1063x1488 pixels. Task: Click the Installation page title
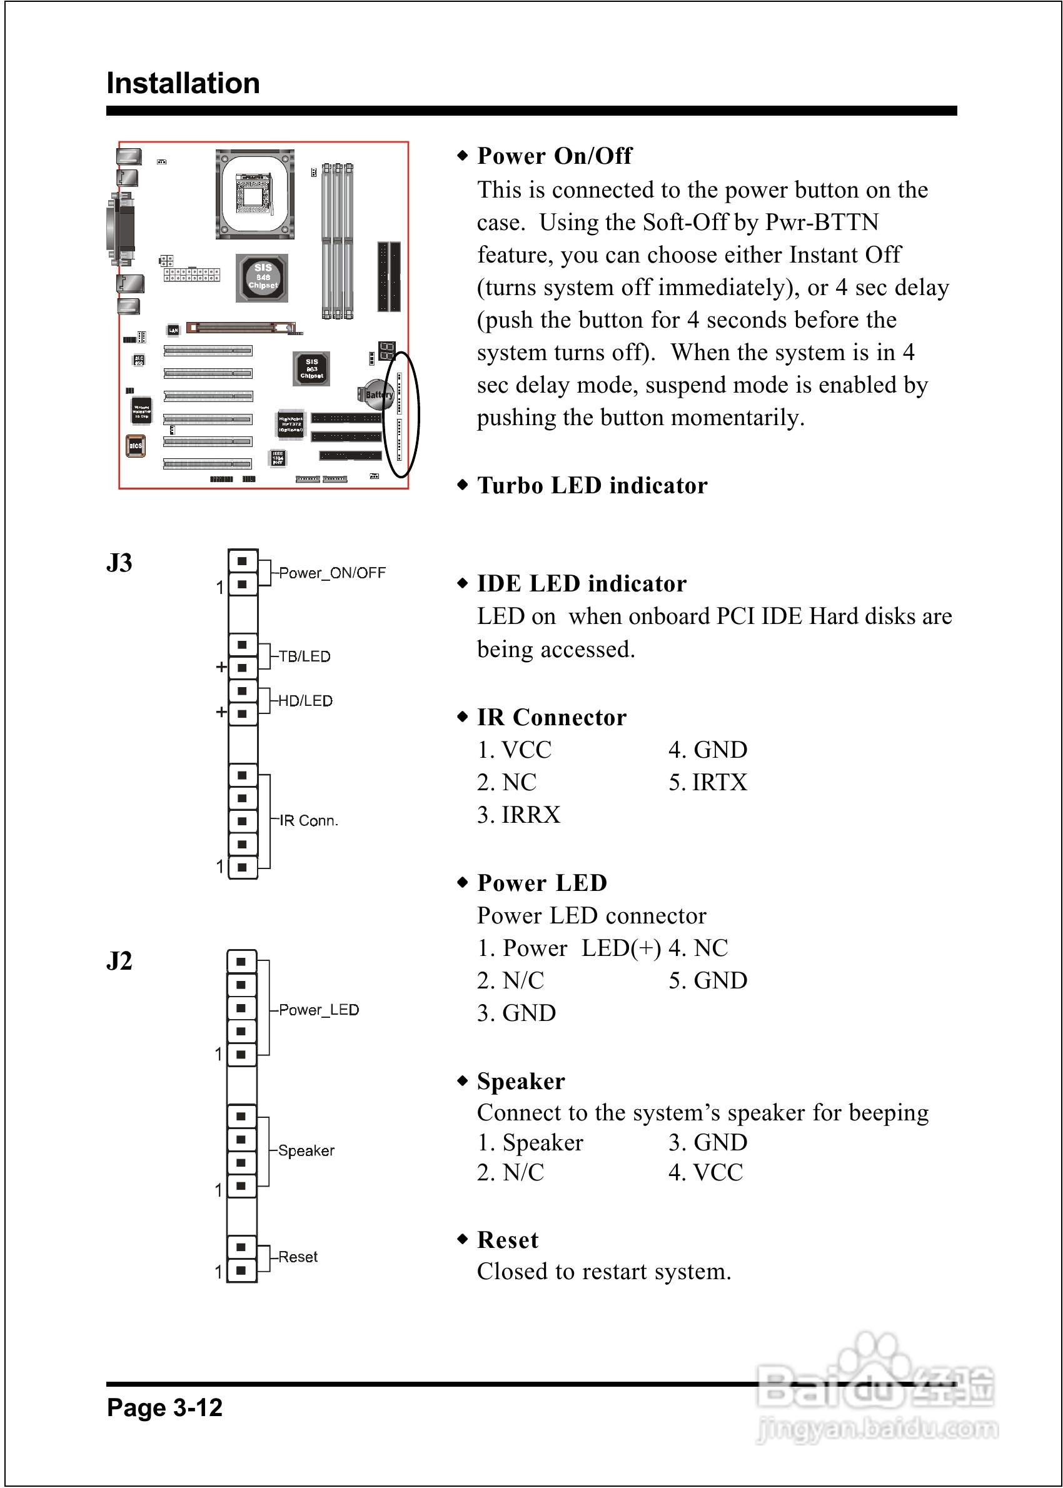click(183, 83)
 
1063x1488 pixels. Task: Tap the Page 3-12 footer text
click(164, 1407)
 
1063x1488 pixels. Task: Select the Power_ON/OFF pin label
click(332, 573)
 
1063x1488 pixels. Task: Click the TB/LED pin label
click(305, 656)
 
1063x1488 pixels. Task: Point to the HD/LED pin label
click(305, 701)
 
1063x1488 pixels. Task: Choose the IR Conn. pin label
click(308, 820)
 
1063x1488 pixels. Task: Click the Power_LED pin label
click(319, 1010)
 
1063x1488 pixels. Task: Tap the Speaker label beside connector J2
click(306, 1150)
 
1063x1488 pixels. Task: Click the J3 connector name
click(119, 563)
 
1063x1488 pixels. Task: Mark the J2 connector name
click(119, 960)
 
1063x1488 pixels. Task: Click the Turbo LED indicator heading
click(592, 486)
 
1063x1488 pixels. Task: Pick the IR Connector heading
click(551, 717)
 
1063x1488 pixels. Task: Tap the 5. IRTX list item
click(707, 782)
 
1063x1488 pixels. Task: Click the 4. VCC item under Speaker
click(705, 1172)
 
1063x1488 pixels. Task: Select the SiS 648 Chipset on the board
click(263, 278)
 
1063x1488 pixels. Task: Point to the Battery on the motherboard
click(377, 394)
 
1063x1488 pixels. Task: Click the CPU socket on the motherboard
click(254, 194)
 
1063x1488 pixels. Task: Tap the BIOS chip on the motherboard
click(136, 446)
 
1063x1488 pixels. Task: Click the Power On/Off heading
click(554, 156)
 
